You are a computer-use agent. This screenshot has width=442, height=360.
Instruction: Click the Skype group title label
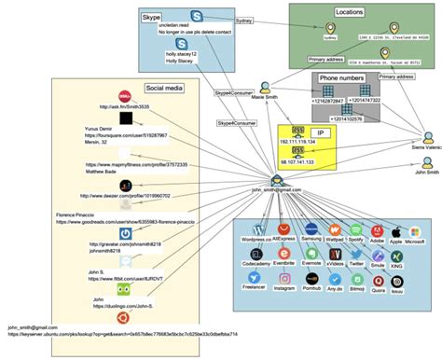click(x=151, y=17)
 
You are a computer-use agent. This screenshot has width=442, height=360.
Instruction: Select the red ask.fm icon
click(x=124, y=97)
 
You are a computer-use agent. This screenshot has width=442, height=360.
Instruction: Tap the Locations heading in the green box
click(x=349, y=12)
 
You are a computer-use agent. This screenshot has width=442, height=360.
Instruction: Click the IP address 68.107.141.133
click(x=297, y=161)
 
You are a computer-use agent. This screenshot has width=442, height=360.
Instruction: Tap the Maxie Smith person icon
click(x=266, y=86)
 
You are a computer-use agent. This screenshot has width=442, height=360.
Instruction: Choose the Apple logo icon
click(x=395, y=228)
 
